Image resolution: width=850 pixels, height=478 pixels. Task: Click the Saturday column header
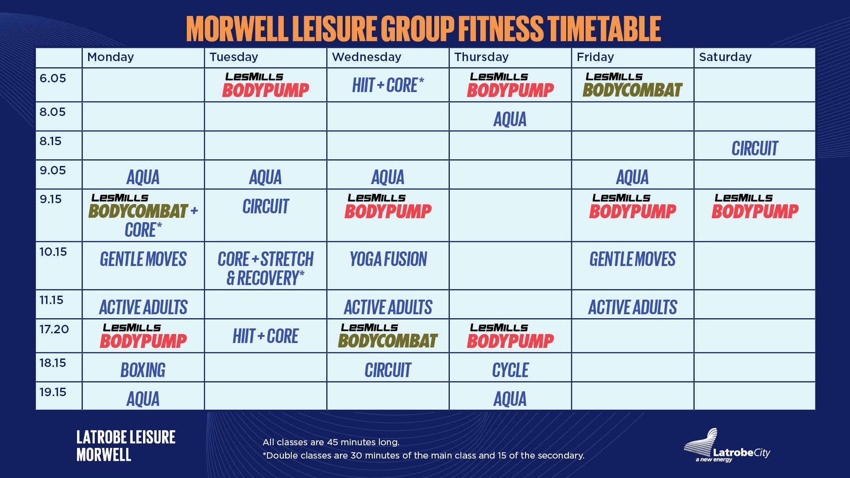tap(725, 57)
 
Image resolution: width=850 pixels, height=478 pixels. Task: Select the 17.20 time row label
tap(54, 329)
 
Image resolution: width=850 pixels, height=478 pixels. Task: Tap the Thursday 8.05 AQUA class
tap(510, 119)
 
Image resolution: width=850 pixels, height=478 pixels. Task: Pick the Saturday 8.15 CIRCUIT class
tap(754, 148)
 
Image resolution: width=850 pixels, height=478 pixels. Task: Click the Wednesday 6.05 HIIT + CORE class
tap(388, 85)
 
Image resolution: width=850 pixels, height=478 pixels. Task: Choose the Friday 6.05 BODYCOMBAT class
tap(632, 85)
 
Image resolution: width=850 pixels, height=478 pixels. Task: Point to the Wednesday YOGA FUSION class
tap(388, 259)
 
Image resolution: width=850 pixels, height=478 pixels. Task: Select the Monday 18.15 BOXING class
tap(143, 370)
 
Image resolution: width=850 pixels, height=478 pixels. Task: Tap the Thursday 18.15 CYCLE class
tap(510, 370)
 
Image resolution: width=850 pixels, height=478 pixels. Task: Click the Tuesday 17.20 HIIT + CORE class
tap(266, 336)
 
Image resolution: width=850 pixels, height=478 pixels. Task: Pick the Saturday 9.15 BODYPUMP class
tap(754, 207)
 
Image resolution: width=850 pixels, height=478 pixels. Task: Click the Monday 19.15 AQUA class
tap(143, 399)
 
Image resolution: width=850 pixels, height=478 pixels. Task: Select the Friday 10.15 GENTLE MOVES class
tap(632, 259)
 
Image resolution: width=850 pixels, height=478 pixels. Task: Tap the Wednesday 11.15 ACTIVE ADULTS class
tap(388, 307)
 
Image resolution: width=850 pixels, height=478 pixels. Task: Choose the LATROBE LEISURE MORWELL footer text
tap(126, 446)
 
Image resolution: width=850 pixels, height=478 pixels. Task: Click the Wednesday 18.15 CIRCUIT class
tap(388, 370)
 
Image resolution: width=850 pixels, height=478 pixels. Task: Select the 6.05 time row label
tap(53, 78)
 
